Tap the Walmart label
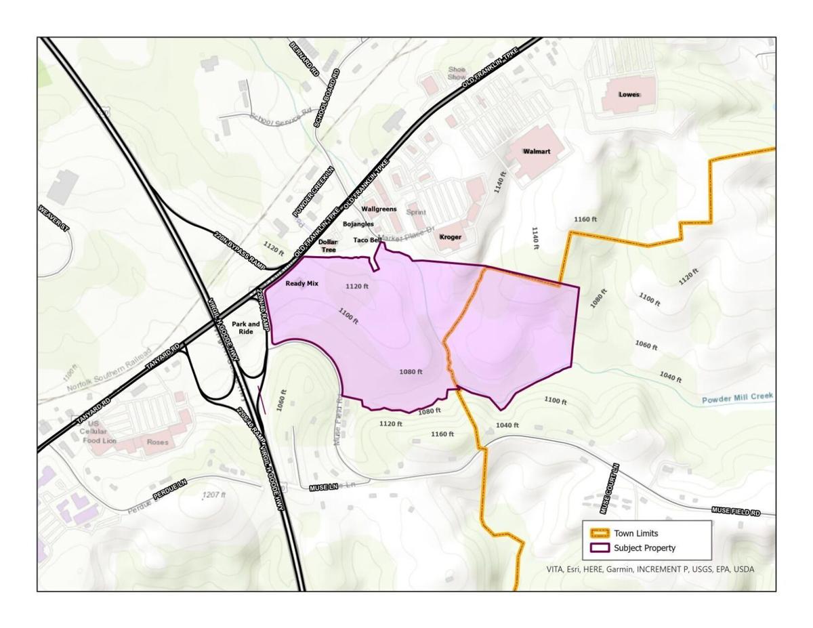(x=536, y=152)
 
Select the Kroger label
(x=450, y=237)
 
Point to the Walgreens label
(x=379, y=209)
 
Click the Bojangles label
(x=358, y=224)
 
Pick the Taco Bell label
(x=367, y=240)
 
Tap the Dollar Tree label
(x=328, y=246)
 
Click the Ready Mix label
(x=301, y=284)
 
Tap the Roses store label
(x=157, y=442)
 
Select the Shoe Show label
(x=457, y=73)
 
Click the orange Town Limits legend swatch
(x=600, y=533)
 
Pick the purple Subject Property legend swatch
(x=600, y=548)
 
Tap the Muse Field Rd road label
(x=735, y=511)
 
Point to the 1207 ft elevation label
(x=214, y=495)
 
